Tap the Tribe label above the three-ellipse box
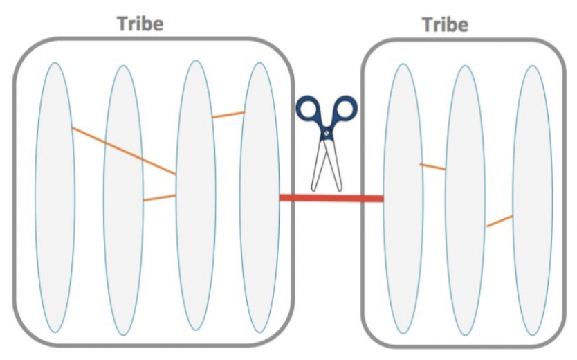tap(445, 25)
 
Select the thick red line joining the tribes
tap(331, 198)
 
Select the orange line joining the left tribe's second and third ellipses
tap(159, 198)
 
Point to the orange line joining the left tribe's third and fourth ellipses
tap(228, 114)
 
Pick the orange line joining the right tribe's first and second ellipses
tap(432, 166)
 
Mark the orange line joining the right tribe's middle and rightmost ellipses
tap(499, 221)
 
